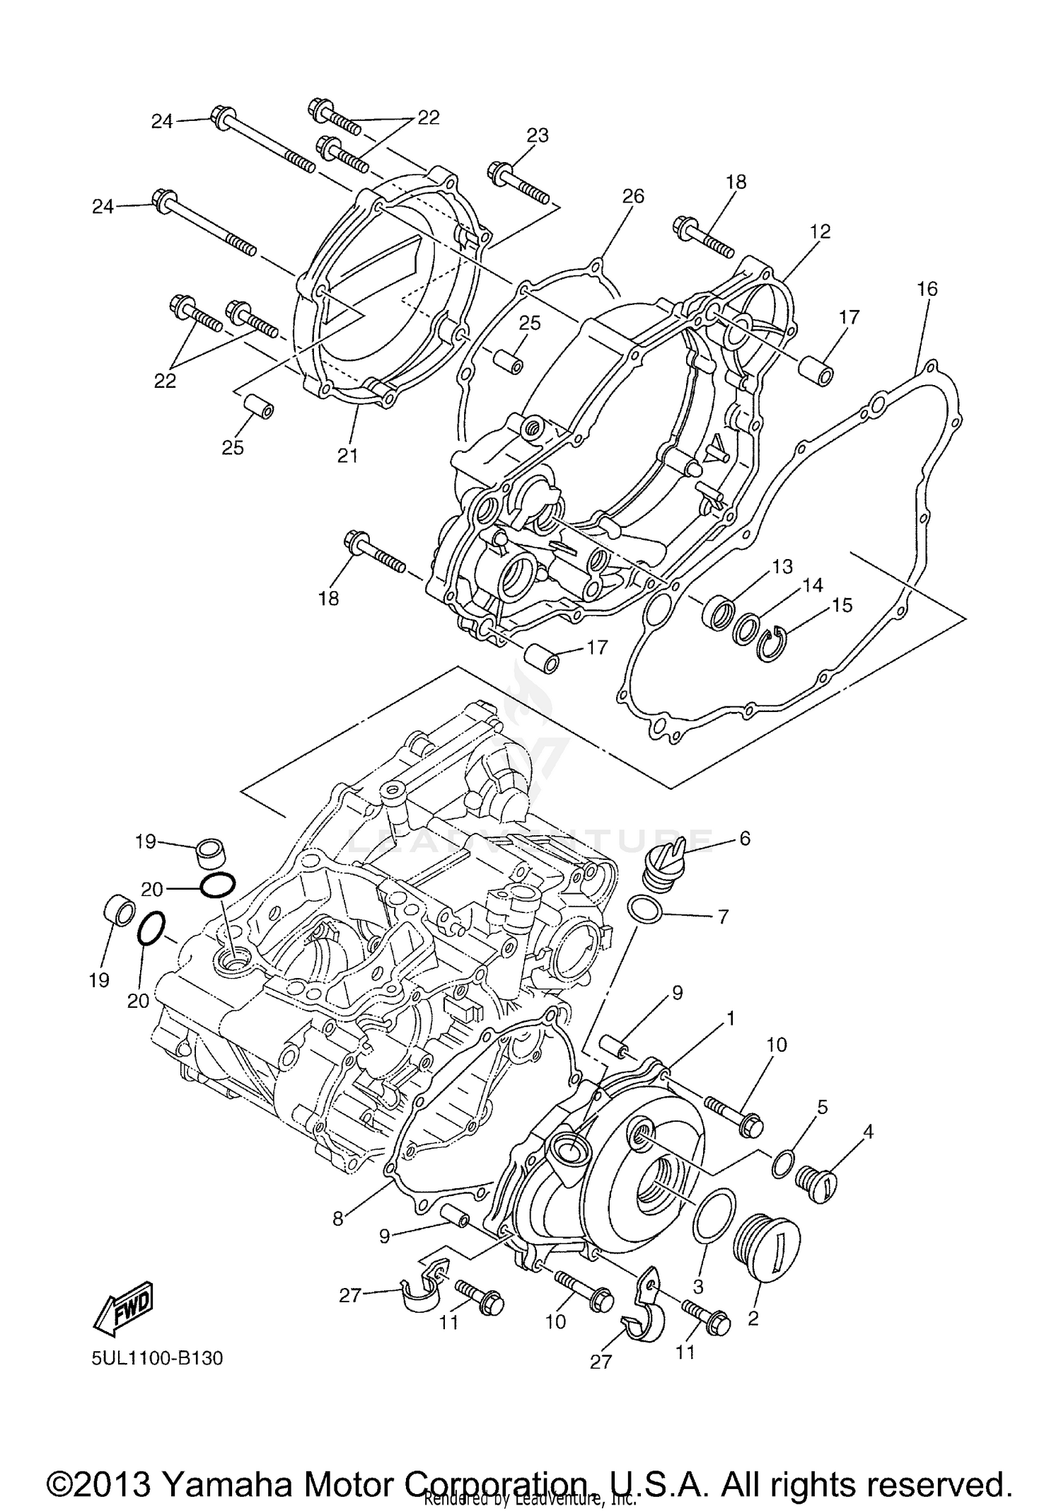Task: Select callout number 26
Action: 632,196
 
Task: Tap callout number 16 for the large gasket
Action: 927,289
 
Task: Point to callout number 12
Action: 820,231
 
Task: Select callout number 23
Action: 538,135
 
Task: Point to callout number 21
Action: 347,456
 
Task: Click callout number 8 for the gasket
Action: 338,1219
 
